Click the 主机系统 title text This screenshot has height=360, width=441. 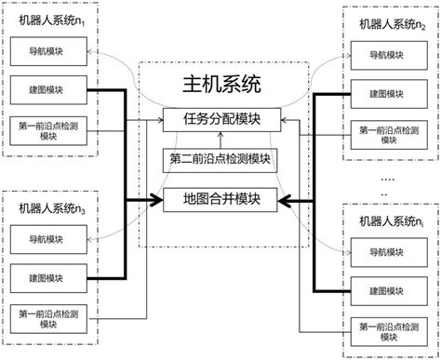point(219,86)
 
